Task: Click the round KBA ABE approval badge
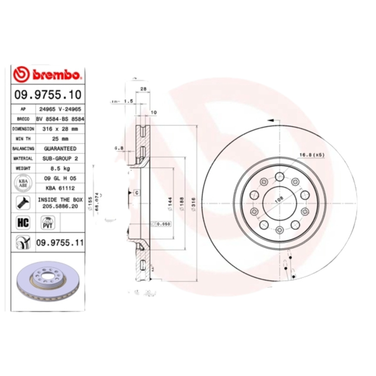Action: click(x=22, y=183)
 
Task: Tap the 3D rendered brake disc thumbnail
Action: click(x=47, y=282)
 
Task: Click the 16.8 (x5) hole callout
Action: click(x=312, y=154)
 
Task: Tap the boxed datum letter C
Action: click(x=136, y=192)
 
